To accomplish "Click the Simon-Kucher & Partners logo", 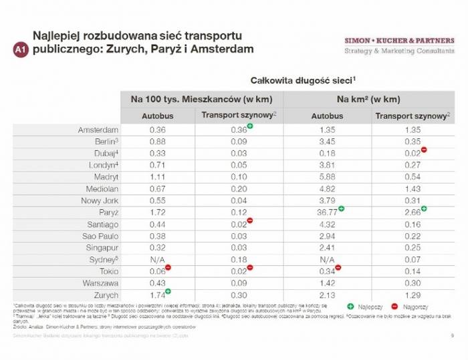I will tap(399, 45).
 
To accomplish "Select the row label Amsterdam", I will tap(98, 130).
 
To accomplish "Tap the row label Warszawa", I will tap(100, 284).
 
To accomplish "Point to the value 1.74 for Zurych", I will tap(157, 295).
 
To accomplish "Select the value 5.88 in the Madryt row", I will tap(327, 177).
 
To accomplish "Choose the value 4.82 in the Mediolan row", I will tap(327, 189).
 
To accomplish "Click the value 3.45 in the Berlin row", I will tap(327, 142).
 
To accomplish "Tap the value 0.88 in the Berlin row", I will tap(158, 142).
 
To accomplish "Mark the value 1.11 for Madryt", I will tap(158, 177).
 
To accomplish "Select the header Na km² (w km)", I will tap(368, 99).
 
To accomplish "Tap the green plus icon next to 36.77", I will tap(342, 209).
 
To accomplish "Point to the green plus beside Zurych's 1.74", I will tap(169, 292).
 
